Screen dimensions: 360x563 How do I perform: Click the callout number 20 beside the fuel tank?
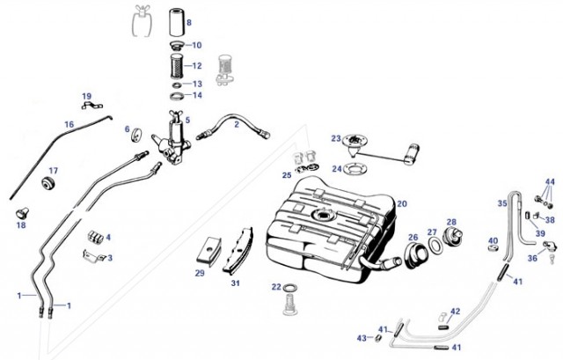coord(401,203)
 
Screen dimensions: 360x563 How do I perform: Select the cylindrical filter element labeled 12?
coord(176,66)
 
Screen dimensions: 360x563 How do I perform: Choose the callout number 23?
coord(336,138)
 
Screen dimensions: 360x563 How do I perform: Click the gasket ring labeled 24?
coord(355,168)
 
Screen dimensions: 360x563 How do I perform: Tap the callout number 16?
coord(69,124)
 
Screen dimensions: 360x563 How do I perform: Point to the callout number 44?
coord(551,182)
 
